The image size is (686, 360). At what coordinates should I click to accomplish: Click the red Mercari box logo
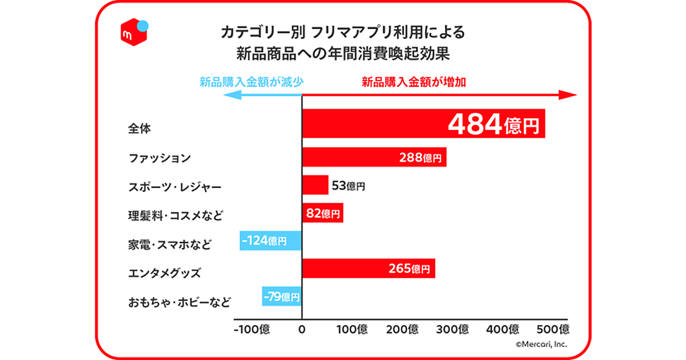pos(133,34)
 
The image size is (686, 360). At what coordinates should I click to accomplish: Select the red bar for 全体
pos(423,123)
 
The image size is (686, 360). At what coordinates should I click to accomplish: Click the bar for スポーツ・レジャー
pos(315,185)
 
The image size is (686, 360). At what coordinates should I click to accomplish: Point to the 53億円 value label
pos(348,186)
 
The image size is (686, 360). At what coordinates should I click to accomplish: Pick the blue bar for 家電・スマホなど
pos(270,241)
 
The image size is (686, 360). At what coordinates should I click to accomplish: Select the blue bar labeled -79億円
pos(281,297)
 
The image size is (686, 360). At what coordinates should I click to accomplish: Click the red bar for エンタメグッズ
pos(368,269)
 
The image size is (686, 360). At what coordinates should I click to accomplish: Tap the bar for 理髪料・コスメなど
pos(322,213)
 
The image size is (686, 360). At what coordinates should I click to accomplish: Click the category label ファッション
pos(159,158)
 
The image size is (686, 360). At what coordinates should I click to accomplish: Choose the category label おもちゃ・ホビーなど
pos(179,302)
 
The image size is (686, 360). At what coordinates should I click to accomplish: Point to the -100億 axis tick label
pos(252,330)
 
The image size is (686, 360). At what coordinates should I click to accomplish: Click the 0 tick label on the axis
pos(302,330)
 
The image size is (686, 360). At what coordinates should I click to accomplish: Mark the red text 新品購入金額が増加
pos(414,82)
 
